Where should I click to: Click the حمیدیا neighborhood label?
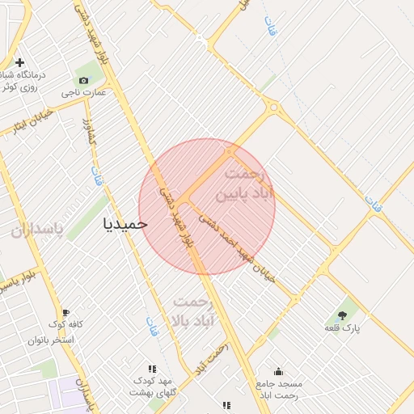click(x=125, y=223)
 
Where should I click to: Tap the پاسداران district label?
click(x=36, y=230)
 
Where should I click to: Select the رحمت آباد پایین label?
click(x=244, y=184)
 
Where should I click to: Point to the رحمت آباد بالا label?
click(x=192, y=311)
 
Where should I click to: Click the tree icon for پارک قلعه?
click(x=342, y=315)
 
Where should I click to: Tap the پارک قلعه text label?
click(x=342, y=328)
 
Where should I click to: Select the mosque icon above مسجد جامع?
click(x=278, y=371)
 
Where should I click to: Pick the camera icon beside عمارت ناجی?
click(x=83, y=79)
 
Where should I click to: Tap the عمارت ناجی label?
click(x=84, y=93)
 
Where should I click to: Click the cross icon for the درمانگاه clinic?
click(x=19, y=62)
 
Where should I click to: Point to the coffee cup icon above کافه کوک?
click(x=65, y=312)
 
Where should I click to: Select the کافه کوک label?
click(x=65, y=325)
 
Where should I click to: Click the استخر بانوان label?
click(x=61, y=340)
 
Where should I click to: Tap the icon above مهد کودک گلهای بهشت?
click(x=152, y=368)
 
